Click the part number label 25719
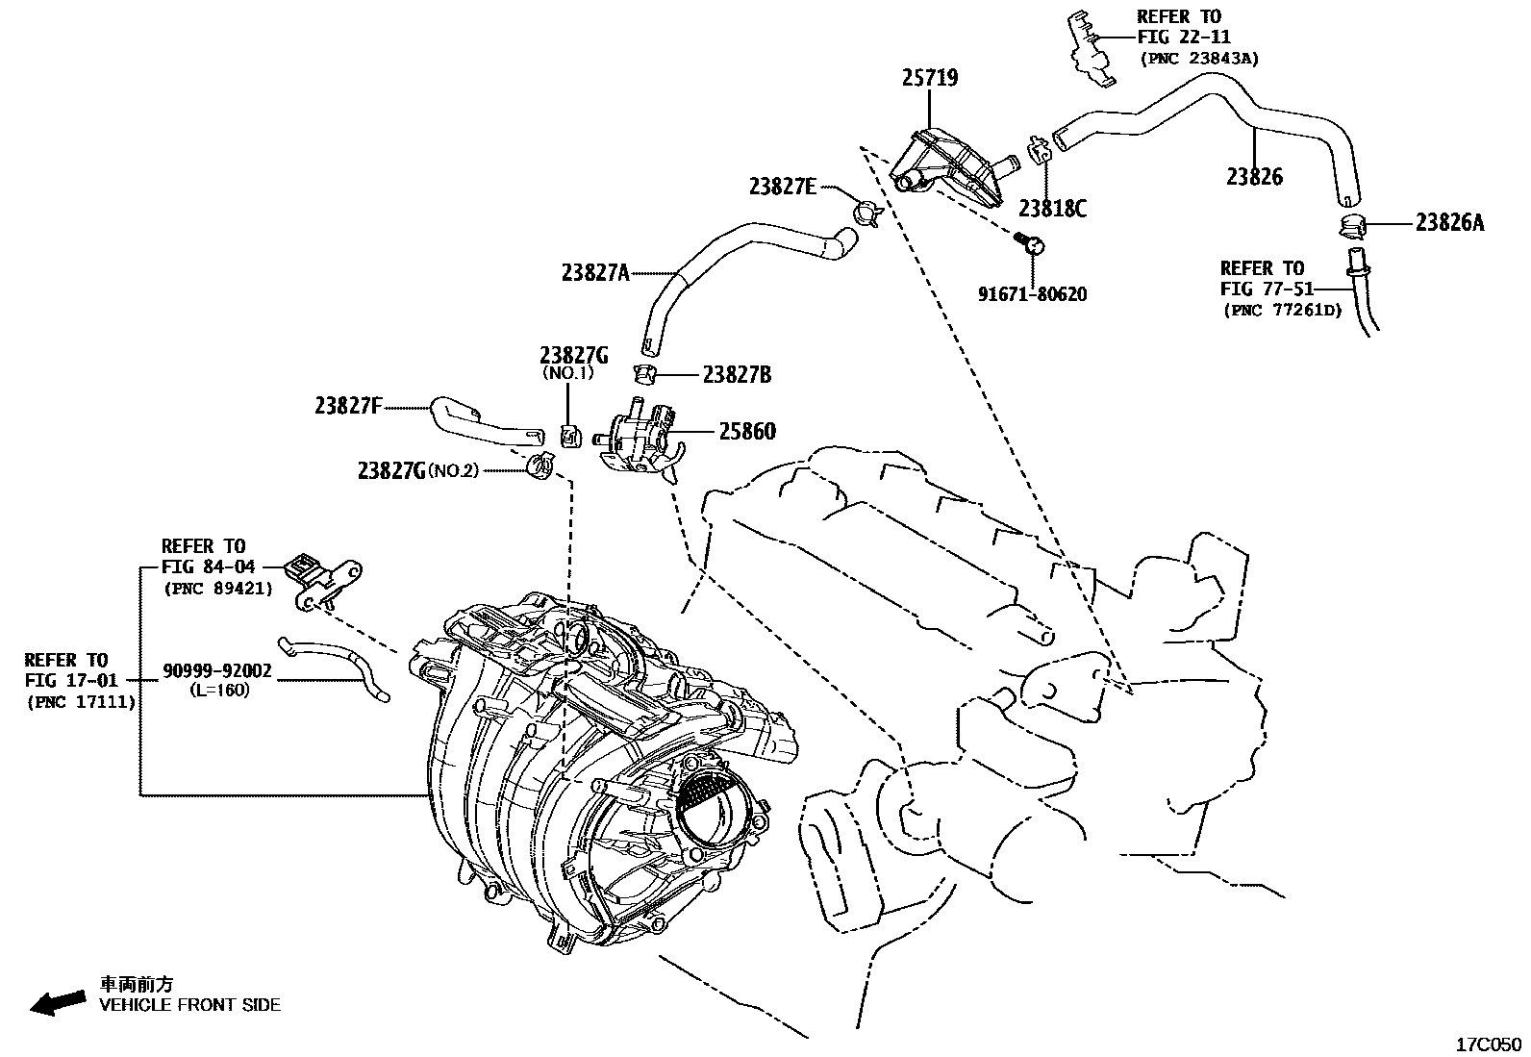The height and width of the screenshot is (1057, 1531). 930,78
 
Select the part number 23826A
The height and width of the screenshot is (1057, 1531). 1449,223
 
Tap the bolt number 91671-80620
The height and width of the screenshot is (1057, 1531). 1032,294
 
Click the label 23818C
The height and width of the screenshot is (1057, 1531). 1053,208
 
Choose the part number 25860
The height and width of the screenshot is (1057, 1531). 746,432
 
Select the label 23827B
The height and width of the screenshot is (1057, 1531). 737,375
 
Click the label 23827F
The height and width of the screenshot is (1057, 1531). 348,407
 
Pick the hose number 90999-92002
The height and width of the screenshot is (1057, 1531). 216,671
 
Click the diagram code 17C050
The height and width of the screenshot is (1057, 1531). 1488,1044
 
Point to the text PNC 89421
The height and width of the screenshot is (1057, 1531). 217,587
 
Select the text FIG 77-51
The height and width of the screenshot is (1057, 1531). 1262,289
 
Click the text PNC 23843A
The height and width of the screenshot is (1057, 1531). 1198,58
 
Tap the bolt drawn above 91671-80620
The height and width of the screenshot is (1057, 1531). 1029,243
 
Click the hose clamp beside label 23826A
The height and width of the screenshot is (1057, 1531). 1350,227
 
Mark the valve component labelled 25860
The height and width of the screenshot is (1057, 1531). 637,437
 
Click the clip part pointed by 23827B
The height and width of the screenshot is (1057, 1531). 643,372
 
